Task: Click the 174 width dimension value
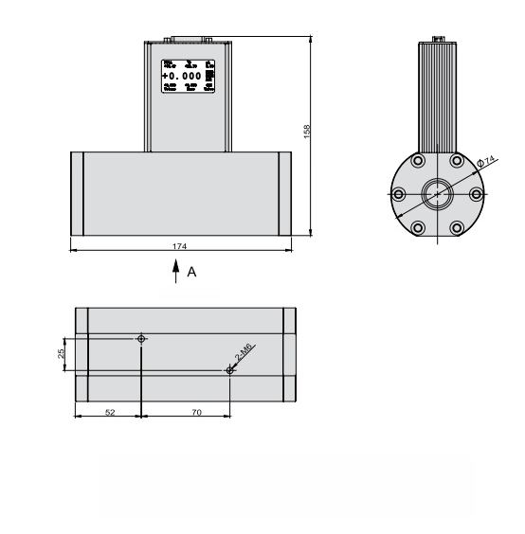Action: [x=179, y=246]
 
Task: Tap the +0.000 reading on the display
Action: [x=182, y=75]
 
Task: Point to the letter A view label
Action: [x=191, y=272]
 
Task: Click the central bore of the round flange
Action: [x=437, y=193]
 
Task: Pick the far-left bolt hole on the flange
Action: [x=398, y=194]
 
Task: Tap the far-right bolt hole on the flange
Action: [x=477, y=194]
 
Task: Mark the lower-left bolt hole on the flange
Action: [x=417, y=227]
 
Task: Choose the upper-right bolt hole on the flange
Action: [x=457, y=161]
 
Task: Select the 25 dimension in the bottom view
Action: [x=60, y=354]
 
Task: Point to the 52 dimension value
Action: [x=110, y=413]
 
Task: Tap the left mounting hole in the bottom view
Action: [x=141, y=338]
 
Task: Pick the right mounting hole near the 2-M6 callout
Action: [x=230, y=370]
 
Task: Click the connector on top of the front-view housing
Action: [x=186, y=39]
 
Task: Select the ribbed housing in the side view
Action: [x=437, y=95]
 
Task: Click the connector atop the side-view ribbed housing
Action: [x=438, y=39]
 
